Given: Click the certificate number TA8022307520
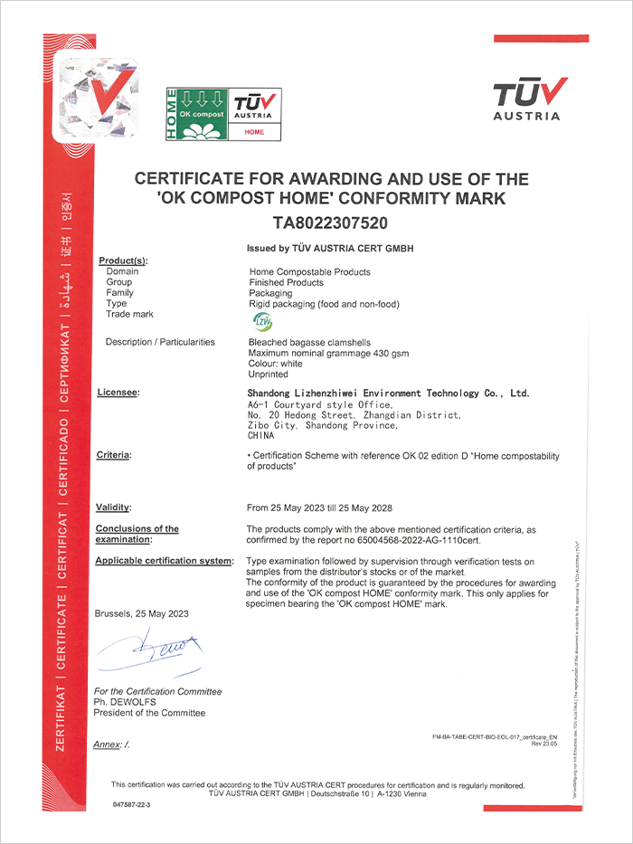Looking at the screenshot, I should pos(330,223).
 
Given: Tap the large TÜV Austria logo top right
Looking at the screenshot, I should pos(530,99).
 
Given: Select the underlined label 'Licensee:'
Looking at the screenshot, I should pos(118,393).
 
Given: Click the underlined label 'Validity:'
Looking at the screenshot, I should pos(113,507).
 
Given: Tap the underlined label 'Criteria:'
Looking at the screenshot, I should pos(113,454).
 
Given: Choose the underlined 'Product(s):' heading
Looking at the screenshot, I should pos(123,261).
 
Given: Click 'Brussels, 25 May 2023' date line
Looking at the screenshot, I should pos(141,613).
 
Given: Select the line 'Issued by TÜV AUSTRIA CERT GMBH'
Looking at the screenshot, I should pos(329,248).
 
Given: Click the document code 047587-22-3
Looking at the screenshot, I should pos(132,804).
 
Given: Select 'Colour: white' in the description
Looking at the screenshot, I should pos(276,364).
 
